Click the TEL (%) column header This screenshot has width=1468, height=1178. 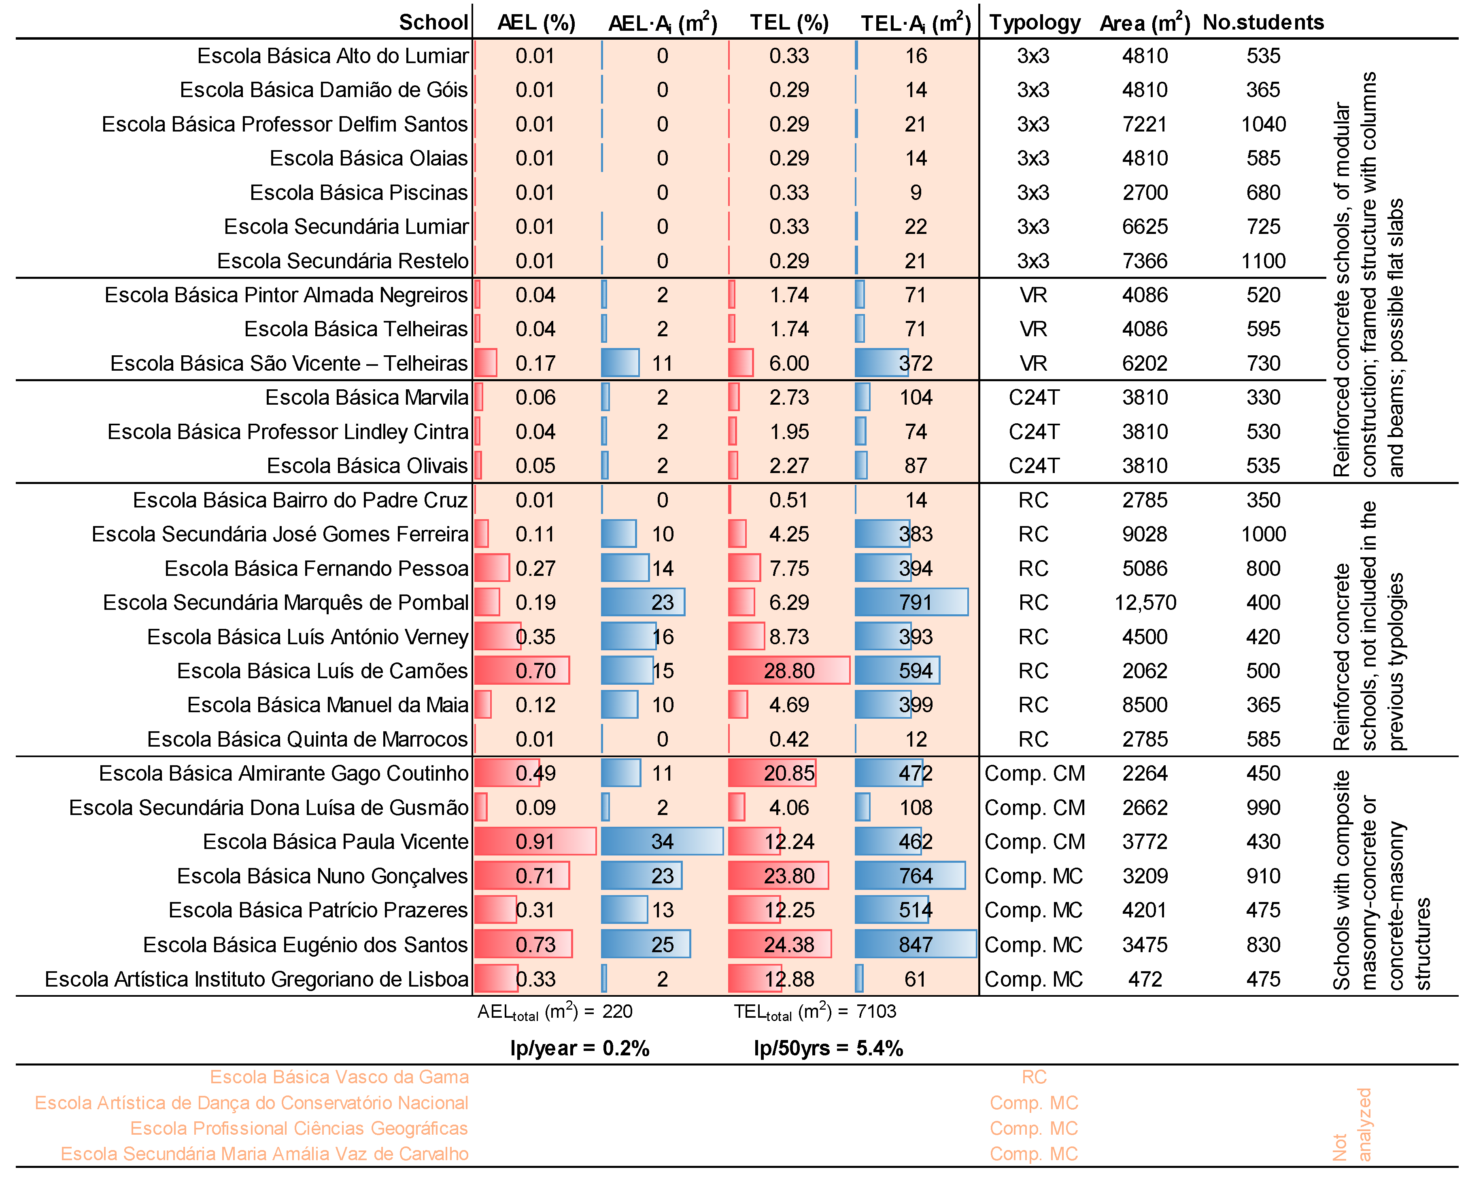789,23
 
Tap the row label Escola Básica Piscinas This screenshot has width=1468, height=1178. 359,193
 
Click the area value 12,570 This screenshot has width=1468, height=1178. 1145,603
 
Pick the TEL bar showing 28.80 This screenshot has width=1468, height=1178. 788,671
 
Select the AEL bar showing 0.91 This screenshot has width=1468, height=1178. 535,842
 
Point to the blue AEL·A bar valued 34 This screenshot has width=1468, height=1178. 662,842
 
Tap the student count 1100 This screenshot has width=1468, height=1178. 1264,261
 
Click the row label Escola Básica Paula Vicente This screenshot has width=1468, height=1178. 336,842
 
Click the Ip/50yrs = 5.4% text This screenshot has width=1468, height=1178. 828,1048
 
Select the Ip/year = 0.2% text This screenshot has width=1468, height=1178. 580,1048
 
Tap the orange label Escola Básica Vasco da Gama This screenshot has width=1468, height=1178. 339,1077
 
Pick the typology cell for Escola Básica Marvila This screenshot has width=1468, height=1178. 1034,398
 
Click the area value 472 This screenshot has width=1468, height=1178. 1145,979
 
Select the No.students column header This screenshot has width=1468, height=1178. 1263,23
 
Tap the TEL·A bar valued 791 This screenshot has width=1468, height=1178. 911,603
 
